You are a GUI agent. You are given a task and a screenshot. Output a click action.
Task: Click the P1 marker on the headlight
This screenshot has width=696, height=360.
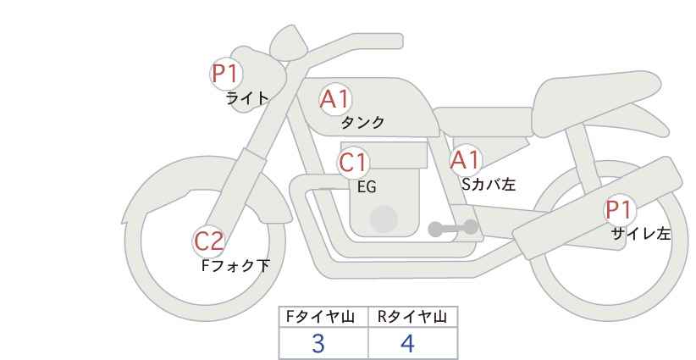click(227, 74)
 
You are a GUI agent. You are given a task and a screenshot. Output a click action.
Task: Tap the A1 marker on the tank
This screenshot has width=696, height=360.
click(335, 99)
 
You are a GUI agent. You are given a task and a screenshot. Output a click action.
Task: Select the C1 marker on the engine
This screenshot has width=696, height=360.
click(353, 163)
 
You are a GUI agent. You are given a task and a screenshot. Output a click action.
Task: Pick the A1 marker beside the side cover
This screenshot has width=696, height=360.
click(466, 160)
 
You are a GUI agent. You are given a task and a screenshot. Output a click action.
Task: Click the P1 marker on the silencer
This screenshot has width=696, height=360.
click(620, 210)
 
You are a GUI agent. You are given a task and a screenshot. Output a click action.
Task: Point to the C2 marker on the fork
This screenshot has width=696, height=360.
click(209, 242)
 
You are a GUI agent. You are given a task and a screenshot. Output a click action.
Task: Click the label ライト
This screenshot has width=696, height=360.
click(247, 98)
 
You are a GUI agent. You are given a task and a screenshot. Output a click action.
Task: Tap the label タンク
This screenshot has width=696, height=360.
click(362, 122)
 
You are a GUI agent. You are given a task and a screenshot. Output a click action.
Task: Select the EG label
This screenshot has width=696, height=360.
click(367, 187)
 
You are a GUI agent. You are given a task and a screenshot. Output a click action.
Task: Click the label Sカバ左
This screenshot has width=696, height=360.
click(489, 184)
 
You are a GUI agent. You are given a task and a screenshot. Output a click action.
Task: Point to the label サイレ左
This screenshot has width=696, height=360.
click(641, 234)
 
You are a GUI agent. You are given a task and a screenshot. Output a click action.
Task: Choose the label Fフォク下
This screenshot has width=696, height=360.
click(235, 266)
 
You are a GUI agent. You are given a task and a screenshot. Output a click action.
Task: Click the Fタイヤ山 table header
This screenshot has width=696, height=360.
click(320, 317)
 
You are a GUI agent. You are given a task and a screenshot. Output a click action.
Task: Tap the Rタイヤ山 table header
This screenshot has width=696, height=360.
click(412, 317)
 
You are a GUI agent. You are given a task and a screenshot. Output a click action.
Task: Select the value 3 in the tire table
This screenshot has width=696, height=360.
click(318, 344)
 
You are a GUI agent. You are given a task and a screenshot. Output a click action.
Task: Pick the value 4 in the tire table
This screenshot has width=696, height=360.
click(407, 344)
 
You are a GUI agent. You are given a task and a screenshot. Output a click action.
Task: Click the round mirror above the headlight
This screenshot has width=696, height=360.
click(289, 42)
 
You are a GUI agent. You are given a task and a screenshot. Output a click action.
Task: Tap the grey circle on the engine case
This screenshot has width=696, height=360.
click(384, 219)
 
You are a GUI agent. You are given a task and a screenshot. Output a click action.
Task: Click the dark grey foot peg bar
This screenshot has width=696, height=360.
click(453, 228)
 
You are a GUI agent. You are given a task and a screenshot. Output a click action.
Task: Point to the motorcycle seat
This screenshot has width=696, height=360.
click(594, 104)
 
